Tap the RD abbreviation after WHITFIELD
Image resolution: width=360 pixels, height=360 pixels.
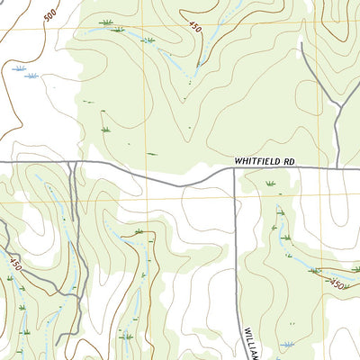click(x=288, y=160)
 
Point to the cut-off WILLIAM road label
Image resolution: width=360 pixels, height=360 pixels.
click(x=251, y=340)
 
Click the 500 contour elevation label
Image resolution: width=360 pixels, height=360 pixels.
click(x=49, y=15)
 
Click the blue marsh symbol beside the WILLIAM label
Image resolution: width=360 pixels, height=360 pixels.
click(x=288, y=345)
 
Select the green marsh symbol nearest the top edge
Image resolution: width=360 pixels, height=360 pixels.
click(x=107, y=22)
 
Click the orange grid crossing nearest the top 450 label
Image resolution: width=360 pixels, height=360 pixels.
click(x=148, y=30)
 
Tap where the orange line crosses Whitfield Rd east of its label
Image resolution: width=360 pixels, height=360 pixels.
click(x=316, y=167)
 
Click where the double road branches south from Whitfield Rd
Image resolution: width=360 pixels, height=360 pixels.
click(x=76, y=164)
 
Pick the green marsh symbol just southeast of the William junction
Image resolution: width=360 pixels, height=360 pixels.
click(x=270, y=184)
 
